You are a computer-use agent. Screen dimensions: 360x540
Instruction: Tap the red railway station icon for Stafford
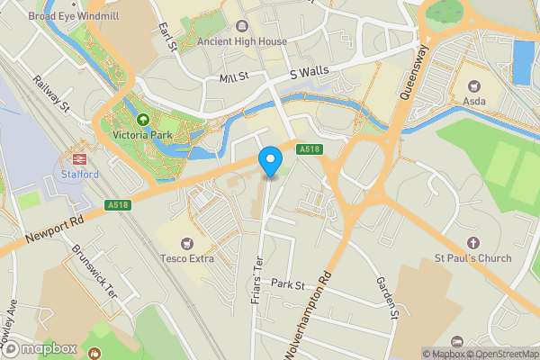(79, 157)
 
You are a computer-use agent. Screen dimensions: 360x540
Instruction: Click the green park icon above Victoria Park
(142, 120)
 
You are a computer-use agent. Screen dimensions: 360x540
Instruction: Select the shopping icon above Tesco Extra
(187, 243)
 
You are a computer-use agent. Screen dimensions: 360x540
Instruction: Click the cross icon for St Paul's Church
(474, 242)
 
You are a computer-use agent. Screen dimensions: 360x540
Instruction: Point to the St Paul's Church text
(474, 259)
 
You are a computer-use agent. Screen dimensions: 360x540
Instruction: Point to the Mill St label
(233, 79)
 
